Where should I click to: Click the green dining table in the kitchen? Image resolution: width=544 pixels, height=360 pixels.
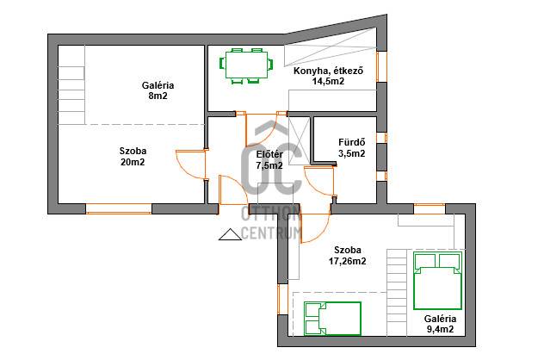point(246,65)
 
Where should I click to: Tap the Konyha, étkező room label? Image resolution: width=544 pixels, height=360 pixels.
point(328,71)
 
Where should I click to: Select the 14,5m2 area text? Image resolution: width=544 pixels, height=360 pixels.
point(328,82)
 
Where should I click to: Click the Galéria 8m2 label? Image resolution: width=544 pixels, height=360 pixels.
point(158,90)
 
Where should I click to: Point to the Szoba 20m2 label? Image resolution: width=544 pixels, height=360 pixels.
point(133,156)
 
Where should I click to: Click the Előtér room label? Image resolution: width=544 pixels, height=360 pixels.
point(269,154)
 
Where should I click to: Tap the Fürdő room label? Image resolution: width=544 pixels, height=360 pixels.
point(351,142)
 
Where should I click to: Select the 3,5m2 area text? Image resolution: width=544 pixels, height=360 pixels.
point(351,153)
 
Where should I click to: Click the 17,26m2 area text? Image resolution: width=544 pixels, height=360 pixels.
point(347,261)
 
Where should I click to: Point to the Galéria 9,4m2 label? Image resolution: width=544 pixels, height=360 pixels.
point(440,324)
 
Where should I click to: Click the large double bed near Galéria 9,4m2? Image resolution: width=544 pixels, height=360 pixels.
point(438,281)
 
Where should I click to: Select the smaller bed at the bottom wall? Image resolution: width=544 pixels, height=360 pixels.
point(332,319)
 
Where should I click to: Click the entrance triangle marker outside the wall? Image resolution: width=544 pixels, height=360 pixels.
point(230,234)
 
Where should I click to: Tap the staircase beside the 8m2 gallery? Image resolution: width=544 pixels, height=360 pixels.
point(71,84)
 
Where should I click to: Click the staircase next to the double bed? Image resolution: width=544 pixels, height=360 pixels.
point(396,292)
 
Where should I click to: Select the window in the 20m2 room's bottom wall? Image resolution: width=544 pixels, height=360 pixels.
point(119,208)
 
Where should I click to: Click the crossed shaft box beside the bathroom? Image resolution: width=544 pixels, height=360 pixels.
point(299,140)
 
